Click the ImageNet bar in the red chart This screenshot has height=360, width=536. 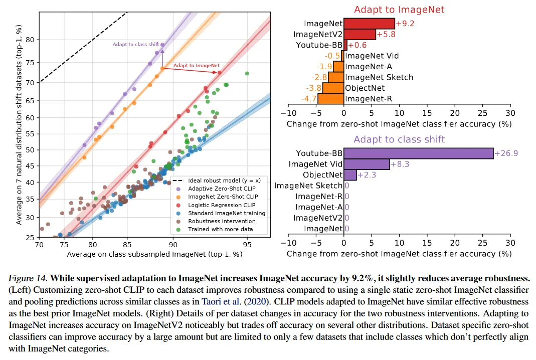369,23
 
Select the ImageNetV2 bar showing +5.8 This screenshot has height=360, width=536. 360,34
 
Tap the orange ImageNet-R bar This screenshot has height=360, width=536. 331,98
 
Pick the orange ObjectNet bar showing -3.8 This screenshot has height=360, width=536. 333,88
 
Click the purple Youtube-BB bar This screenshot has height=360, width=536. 418,153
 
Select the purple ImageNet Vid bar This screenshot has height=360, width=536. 367,164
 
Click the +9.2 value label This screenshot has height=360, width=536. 405,23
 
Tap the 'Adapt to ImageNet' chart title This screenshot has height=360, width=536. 392,10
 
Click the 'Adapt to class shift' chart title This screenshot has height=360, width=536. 392,139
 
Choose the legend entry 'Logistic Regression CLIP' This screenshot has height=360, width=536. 221,205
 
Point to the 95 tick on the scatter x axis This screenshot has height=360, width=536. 247,245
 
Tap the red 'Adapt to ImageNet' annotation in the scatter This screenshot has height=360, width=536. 197,66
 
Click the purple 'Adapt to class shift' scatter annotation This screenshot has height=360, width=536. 136,45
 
